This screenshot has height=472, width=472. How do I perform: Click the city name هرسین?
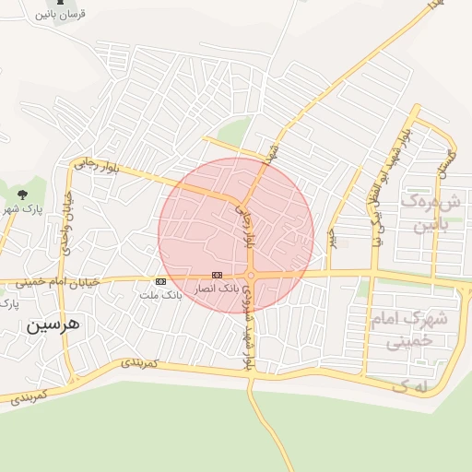(53, 324)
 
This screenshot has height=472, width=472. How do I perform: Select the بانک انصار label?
(215, 289)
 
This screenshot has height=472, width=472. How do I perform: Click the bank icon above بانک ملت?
(161, 281)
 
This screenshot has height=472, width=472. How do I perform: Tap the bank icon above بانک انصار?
(217, 275)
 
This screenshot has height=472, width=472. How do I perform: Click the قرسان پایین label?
(65, 15)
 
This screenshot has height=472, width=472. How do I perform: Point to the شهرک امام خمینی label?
(407, 330)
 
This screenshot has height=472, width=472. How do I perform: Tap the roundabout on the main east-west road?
(251, 275)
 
